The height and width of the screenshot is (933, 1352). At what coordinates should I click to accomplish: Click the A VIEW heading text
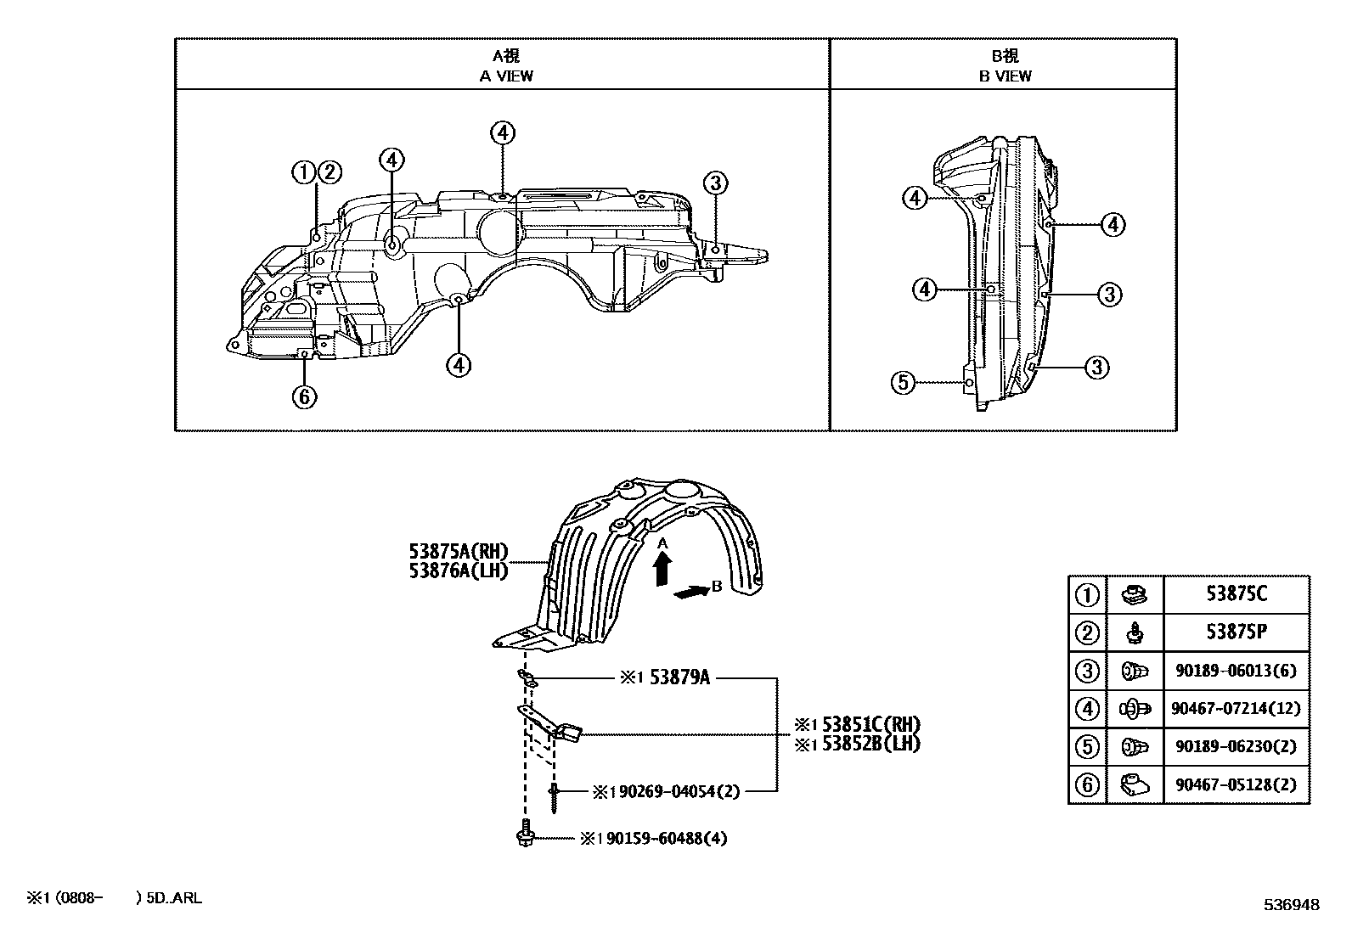pos(506,76)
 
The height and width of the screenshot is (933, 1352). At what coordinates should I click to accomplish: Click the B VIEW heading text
pos(1005,76)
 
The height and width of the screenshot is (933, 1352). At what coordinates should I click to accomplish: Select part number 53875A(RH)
pos(459,551)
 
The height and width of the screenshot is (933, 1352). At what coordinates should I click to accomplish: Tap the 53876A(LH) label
pos(459,570)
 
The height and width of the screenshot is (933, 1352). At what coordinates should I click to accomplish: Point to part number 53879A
pos(679,677)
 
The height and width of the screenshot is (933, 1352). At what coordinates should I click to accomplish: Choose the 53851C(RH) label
pos(871,724)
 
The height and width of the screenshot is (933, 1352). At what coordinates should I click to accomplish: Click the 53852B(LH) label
pos(871,744)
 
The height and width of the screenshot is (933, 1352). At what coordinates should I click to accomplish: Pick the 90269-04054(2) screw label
pos(679,791)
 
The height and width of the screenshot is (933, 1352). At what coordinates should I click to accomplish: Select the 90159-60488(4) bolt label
pos(667,838)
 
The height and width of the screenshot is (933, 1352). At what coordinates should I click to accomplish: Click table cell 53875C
pos(1237,593)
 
